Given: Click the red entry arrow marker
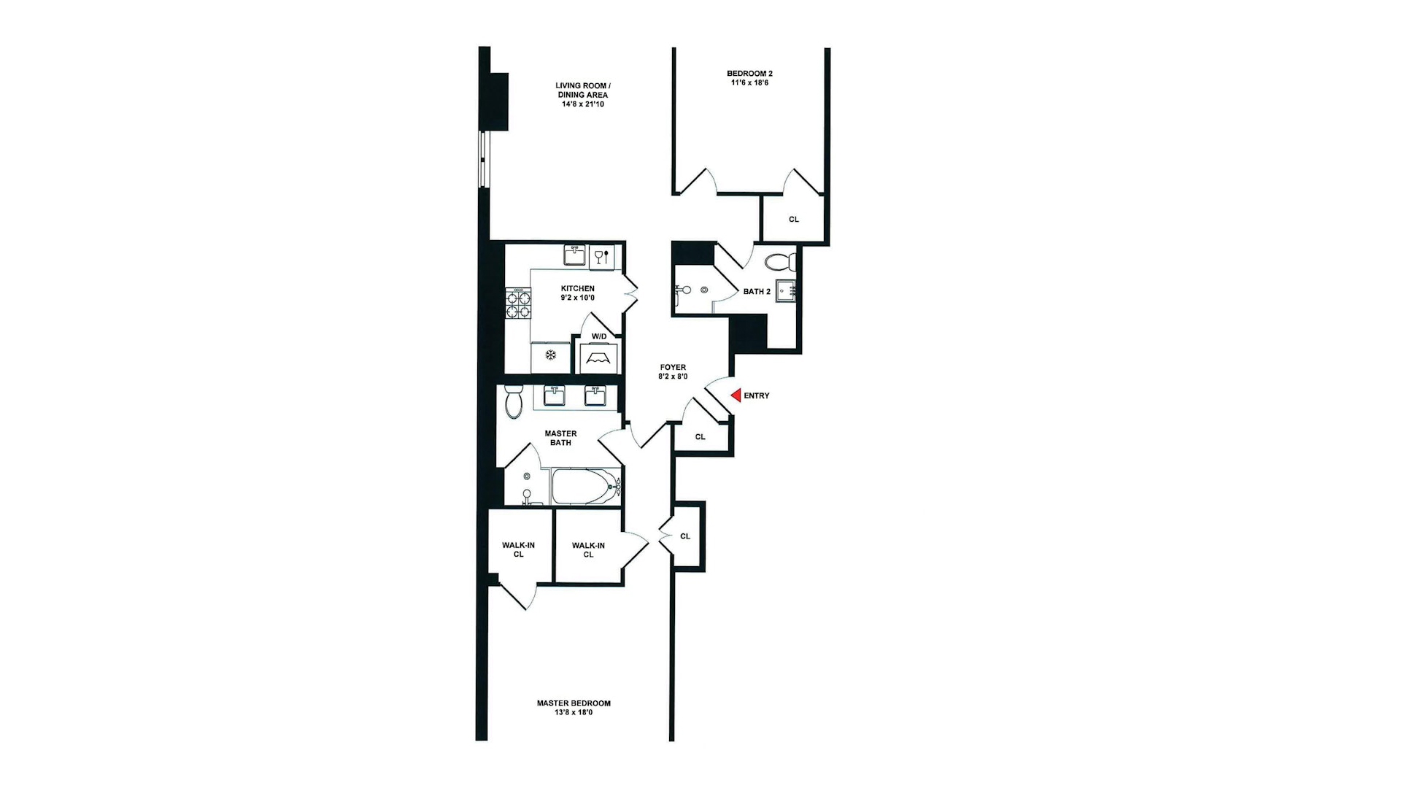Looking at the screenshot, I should (x=736, y=395).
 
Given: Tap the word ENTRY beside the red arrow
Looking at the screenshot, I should (x=757, y=395).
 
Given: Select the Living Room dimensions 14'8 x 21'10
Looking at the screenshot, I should (x=582, y=104).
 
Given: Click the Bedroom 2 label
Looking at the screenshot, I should (x=749, y=74).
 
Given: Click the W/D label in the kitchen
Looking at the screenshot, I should (x=599, y=336).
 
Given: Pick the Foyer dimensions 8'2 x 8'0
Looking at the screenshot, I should (x=673, y=377).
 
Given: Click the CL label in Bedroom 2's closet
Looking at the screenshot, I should (x=794, y=220).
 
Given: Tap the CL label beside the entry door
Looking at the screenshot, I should (x=700, y=437).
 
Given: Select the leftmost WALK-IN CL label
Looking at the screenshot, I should (x=518, y=550).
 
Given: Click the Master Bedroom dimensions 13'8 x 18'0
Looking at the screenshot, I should (x=574, y=712).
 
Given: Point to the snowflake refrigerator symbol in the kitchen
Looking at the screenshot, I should (x=551, y=355).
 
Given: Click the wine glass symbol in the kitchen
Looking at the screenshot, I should (x=601, y=257).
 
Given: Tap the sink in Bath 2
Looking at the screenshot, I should (x=786, y=290).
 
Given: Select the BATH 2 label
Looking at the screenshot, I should (x=757, y=292).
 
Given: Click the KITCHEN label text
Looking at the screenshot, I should (x=577, y=288).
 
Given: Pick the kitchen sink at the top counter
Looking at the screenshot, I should (x=574, y=255).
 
